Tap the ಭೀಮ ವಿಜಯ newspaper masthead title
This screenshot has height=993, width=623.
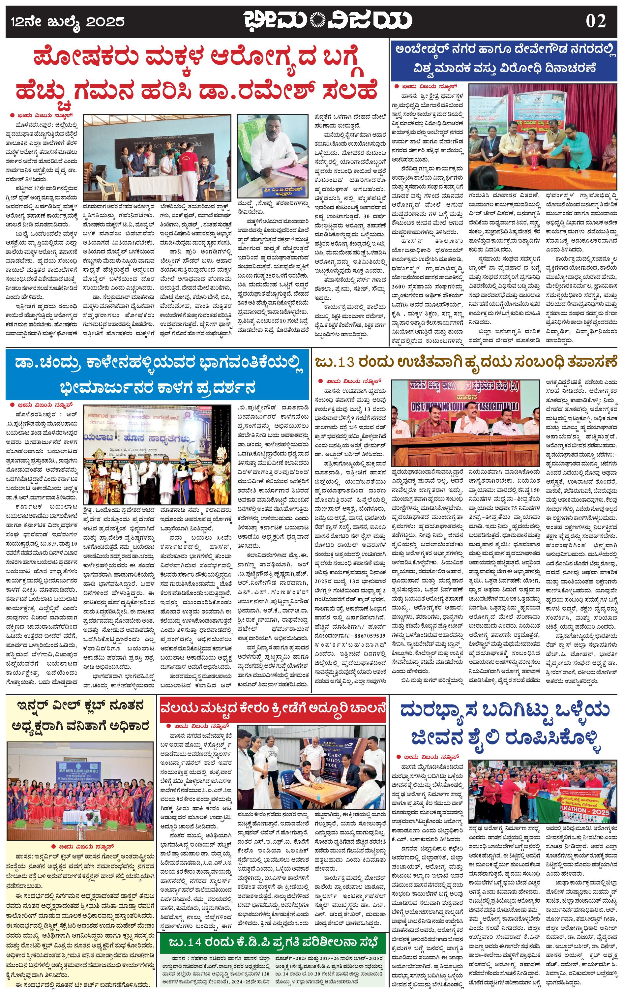pos(328,20)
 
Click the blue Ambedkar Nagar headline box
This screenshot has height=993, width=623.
pos(504,60)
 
